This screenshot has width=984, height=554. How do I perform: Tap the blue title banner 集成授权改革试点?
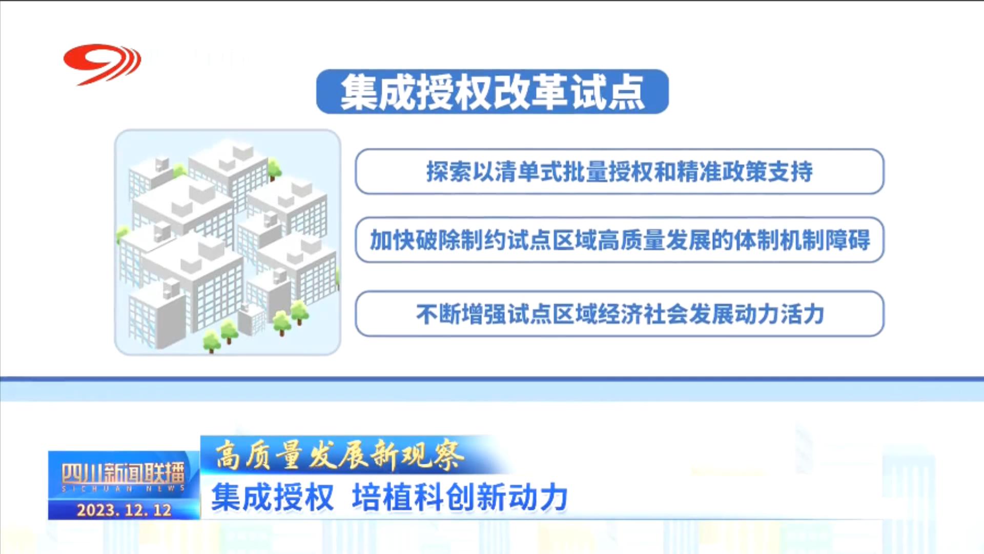pyautogui.click(x=493, y=92)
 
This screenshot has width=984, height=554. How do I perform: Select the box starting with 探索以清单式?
pyautogui.click(x=620, y=171)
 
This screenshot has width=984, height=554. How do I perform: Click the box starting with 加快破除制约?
pyautogui.click(x=620, y=240)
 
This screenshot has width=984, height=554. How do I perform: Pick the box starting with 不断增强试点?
pyautogui.click(x=620, y=314)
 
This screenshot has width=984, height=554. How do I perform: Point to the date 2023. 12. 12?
pyautogui.click(x=124, y=510)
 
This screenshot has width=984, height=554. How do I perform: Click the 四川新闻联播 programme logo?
pyautogui.click(x=123, y=477)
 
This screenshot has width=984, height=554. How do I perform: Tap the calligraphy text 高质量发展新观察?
pyautogui.click(x=339, y=455)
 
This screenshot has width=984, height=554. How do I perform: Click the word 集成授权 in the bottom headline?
pyautogui.click(x=272, y=497)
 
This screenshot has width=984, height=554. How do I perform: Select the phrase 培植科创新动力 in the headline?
pyautogui.click(x=460, y=497)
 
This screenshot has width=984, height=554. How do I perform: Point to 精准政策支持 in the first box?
pyautogui.click(x=745, y=171)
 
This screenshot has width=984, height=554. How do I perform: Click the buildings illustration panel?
pyautogui.click(x=228, y=242)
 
